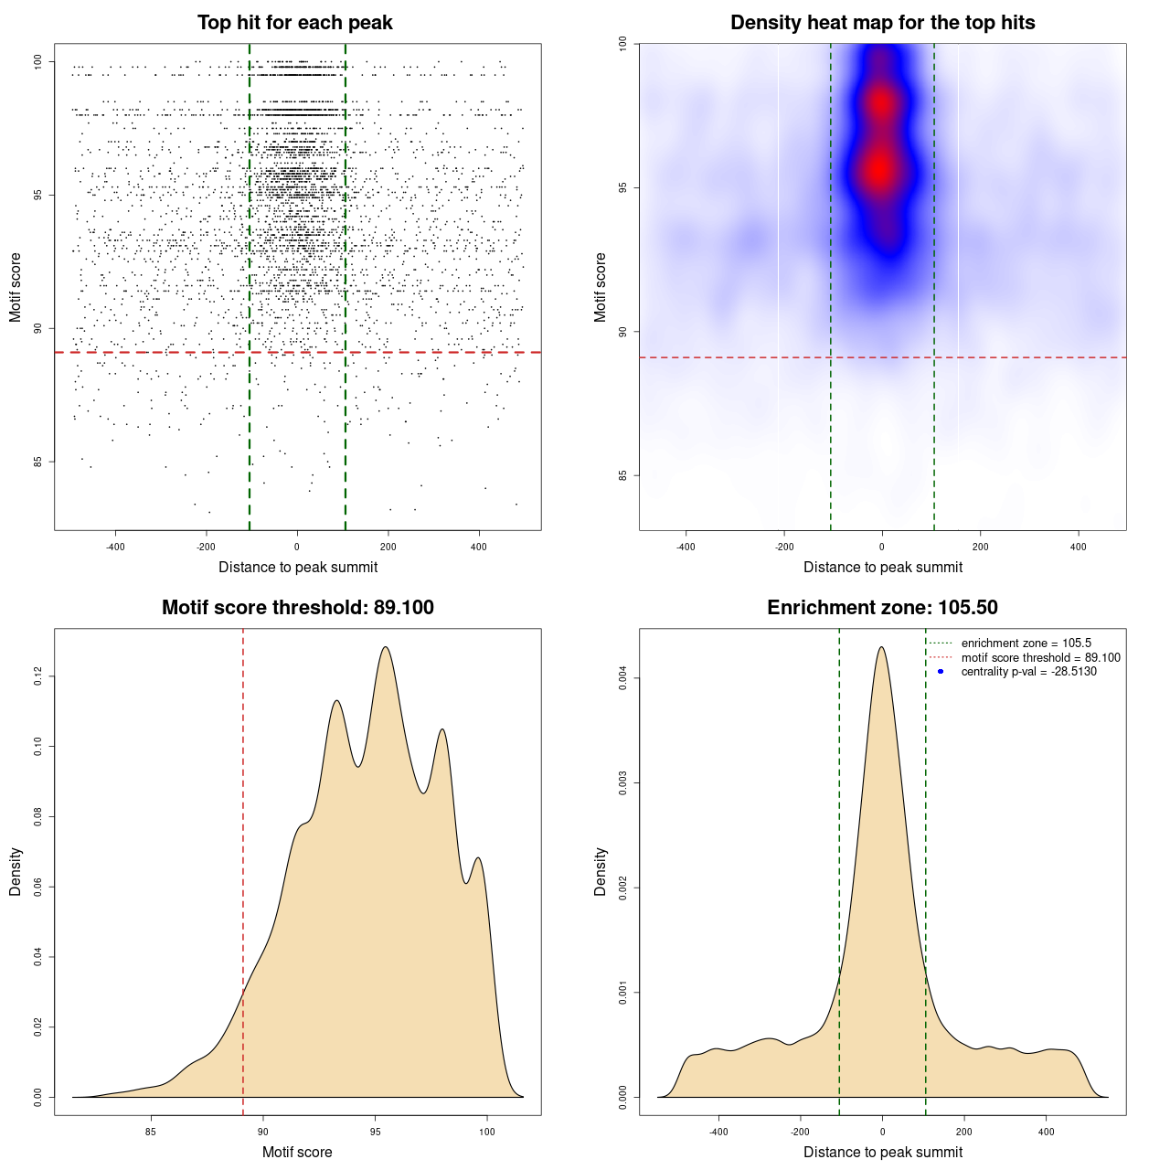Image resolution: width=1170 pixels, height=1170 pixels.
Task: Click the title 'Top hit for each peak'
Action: [x=294, y=23]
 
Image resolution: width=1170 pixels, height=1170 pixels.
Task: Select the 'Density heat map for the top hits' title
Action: [x=882, y=23]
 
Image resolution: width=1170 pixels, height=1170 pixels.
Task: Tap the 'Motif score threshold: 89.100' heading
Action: [x=297, y=608]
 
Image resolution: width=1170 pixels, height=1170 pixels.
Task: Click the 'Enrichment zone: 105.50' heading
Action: [x=882, y=608]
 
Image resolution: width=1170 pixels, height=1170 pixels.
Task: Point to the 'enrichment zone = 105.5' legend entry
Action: [x=1026, y=643]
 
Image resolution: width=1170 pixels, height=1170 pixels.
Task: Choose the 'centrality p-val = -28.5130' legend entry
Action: [x=1028, y=672]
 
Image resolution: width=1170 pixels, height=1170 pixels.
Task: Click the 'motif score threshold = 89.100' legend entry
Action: [x=1040, y=658]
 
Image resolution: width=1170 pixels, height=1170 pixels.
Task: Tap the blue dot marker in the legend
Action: [x=941, y=672]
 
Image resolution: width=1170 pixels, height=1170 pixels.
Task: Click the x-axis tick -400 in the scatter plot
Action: [x=116, y=548]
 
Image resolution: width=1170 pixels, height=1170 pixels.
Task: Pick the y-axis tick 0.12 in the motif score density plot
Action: [x=37, y=676]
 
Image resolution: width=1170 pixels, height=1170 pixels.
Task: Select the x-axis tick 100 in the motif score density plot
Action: [x=486, y=1132]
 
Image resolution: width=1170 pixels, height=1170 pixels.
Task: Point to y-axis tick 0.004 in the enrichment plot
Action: [x=622, y=677]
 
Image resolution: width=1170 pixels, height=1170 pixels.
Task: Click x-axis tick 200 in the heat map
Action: [x=980, y=548]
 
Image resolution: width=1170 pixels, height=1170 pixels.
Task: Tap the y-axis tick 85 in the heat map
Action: [x=622, y=475]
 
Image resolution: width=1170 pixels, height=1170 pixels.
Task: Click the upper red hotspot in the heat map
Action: [x=880, y=102]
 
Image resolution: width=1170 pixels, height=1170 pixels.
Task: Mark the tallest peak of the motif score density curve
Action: [x=386, y=647]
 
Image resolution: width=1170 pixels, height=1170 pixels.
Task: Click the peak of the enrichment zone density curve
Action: [x=881, y=647]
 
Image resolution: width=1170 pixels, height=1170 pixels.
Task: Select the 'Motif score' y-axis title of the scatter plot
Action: [x=16, y=287]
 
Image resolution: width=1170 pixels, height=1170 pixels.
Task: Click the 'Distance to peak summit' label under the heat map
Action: [x=882, y=568]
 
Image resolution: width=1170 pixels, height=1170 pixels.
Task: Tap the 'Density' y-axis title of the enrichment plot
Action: [x=601, y=871]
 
